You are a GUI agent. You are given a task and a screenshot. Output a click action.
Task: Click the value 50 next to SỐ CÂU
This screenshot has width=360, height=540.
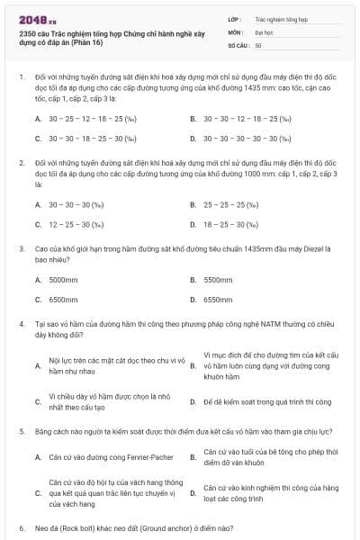pos(258,45)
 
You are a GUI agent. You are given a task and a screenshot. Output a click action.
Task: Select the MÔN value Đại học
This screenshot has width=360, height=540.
pos(264,31)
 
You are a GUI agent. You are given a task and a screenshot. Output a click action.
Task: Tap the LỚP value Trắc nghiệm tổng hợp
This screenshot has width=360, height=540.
pos(280,18)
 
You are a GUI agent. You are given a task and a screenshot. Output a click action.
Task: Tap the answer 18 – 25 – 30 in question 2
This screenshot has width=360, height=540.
pos(231,224)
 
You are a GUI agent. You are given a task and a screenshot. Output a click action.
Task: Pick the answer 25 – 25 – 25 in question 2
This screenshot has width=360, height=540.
pos(231,204)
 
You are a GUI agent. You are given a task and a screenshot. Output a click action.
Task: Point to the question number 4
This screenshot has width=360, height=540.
pos(22,321)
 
